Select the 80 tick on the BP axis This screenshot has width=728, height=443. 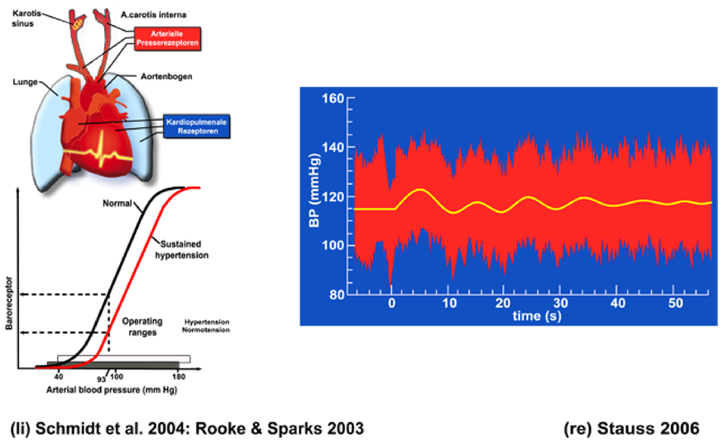pos(333,294)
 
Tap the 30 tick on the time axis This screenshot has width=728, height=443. pos(561,304)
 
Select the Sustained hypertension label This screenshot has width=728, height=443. pos(183,251)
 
